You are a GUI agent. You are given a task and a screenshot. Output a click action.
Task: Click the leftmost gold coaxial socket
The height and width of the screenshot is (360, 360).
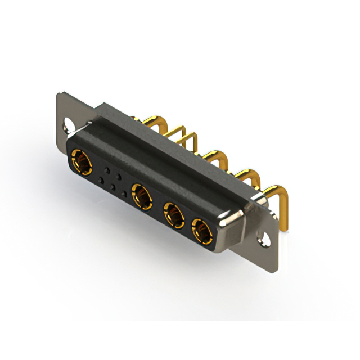coord(83,163)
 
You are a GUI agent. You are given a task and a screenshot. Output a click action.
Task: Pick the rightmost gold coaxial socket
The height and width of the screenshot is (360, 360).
coord(201,229)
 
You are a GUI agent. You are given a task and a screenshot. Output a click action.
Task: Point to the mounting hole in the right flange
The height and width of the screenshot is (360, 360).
coord(264,239)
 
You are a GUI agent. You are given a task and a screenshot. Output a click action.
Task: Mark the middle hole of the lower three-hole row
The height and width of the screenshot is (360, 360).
coord(113,187)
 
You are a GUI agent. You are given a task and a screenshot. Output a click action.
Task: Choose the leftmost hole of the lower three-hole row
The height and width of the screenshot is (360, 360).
coord(102,181)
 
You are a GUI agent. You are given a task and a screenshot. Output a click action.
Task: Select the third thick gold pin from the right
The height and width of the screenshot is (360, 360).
coord(217,157)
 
